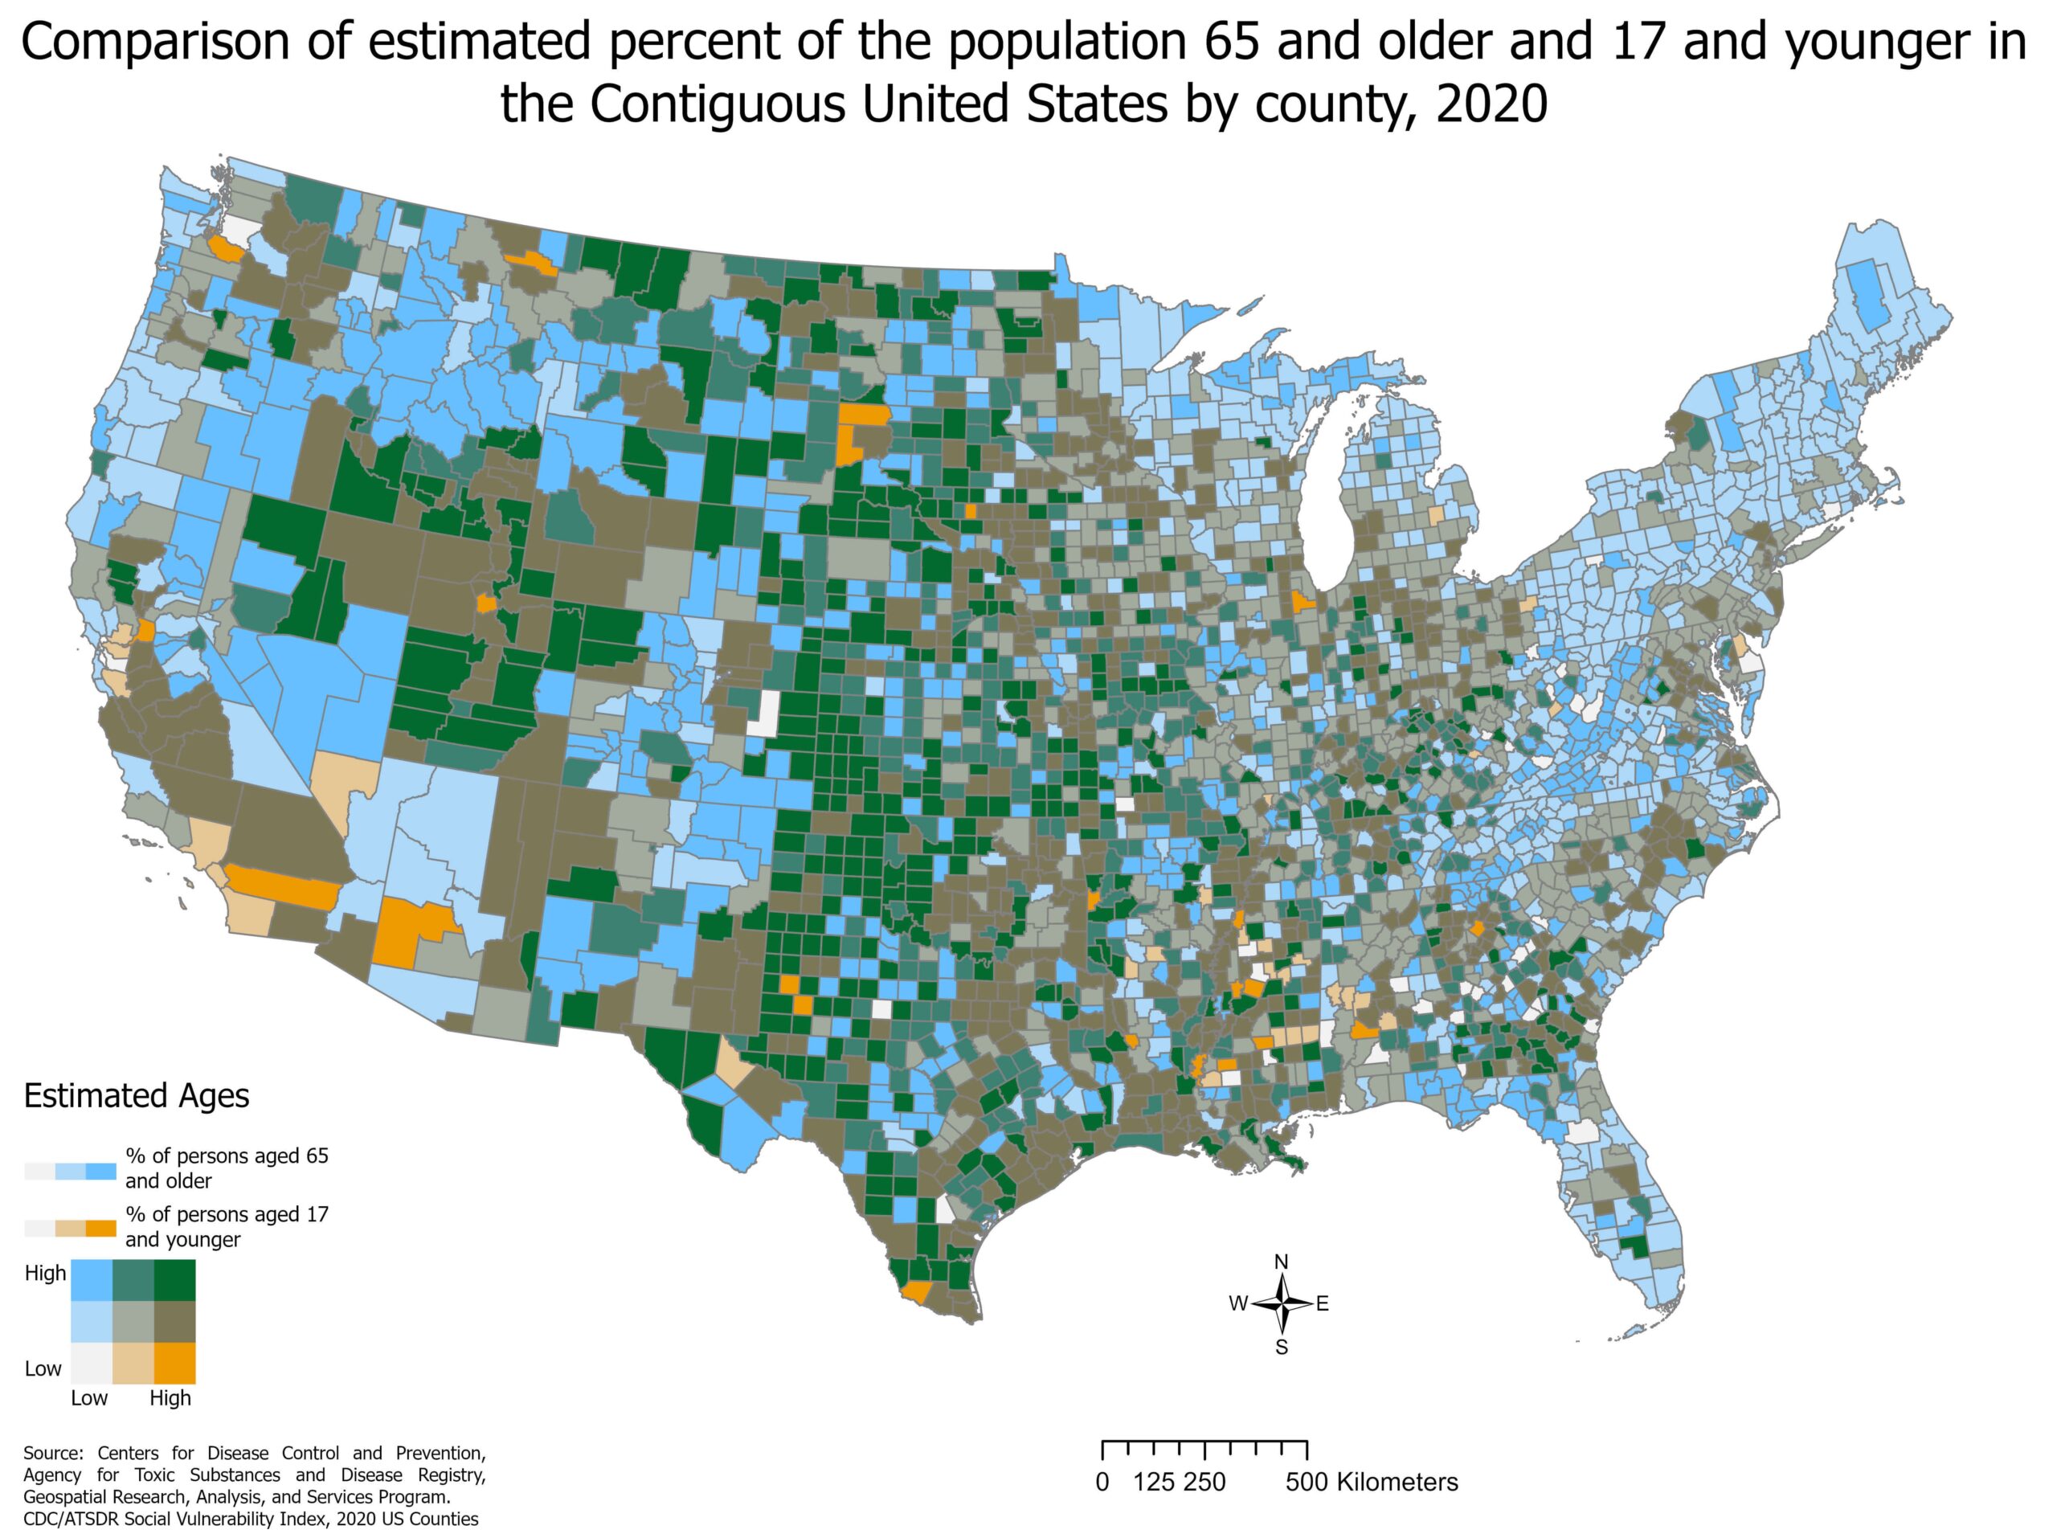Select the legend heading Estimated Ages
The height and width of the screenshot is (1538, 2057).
click(x=136, y=1095)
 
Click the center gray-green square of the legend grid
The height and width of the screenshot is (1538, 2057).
click(x=133, y=1321)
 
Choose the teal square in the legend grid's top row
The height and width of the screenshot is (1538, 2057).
click(x=133, y=1279)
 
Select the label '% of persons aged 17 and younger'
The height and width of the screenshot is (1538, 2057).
click(x=227, y=1226)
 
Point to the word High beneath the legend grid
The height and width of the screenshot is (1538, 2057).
click(x=170, y=1397)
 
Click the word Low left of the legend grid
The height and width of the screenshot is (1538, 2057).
click(x=43, y=1368)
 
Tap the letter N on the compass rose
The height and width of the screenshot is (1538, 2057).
click(x=1281, y=1262)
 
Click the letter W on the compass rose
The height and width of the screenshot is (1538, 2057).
click(x=1237, y=1303)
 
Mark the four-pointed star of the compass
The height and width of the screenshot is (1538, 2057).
click(x=1282, y=1303)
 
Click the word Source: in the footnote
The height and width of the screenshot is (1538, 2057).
click(x=53, y=1453)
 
